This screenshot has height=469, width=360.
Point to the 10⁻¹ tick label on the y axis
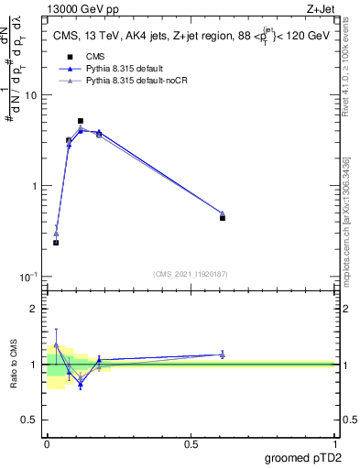pos(28,277)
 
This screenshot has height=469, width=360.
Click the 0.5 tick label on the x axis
pos(190,444)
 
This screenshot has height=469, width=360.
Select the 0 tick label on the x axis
pos(47,444)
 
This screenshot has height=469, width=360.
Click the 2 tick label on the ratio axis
pos(34,309)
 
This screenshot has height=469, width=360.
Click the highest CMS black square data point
pos(81,121)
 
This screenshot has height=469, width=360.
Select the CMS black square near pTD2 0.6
pos(223,218)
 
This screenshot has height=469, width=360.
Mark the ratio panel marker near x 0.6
pos(223,354)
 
